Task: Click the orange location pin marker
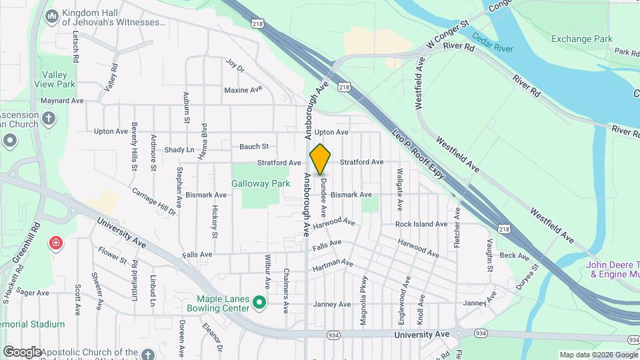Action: tap(320, 159)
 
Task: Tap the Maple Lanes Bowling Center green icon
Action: tap(261, 304)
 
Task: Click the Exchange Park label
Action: tap(581, 39)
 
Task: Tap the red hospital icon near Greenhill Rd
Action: tap(55, 244)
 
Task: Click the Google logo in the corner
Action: tap(22, 351)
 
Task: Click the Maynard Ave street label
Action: tap(61, 101)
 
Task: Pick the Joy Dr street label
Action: tap(235, 65)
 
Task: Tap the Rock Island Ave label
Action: tap(421, 225)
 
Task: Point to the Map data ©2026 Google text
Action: tap(598, 355)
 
